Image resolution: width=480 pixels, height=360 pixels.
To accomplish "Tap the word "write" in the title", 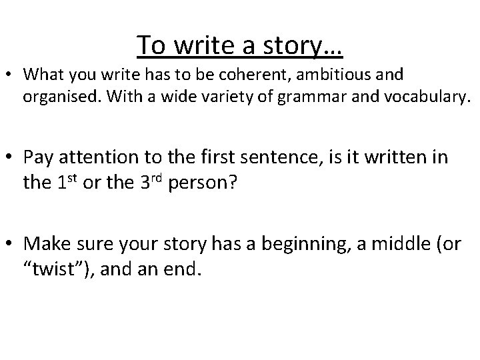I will click(203, 45).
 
